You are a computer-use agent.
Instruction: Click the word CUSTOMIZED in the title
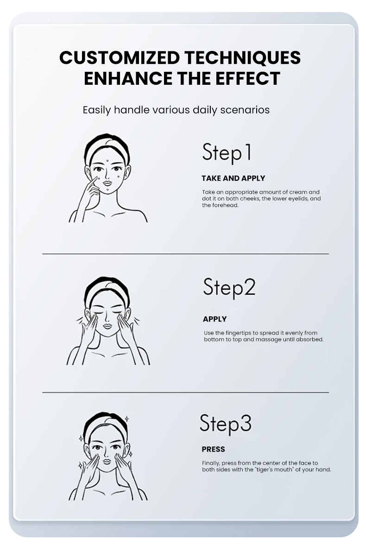pos(120,57)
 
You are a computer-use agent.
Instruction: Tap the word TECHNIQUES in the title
pos(242,58)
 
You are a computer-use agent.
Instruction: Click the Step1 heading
pos(227,153)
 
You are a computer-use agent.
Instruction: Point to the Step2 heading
pos(229,288)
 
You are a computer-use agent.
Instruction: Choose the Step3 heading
pos(226,424)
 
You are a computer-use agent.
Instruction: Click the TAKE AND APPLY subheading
pos(233,178)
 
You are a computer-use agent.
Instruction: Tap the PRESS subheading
pos(214,449)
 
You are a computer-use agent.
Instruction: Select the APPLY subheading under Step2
pos(215,319)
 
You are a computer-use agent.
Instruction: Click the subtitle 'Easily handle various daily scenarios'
pos(176,110)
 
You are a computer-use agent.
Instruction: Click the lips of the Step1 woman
pos(107,183)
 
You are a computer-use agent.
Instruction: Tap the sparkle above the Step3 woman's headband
pos(126,419)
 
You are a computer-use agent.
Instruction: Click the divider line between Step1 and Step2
pos(185,254)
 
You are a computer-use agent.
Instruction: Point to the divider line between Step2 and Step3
pos(185,392)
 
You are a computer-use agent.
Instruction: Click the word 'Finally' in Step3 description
pos(211,463)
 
